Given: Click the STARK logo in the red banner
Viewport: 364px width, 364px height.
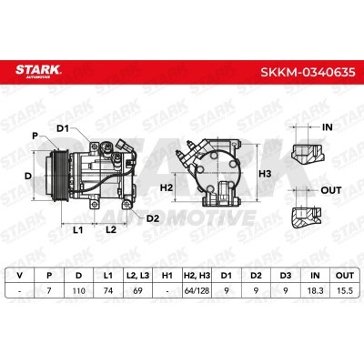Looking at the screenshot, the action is (38, 71).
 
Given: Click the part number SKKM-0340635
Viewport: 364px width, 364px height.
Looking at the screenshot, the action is (308, 72).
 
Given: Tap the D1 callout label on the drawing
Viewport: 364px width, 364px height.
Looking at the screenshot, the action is (63, 128).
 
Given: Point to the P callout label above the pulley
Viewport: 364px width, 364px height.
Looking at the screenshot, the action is (35, 136).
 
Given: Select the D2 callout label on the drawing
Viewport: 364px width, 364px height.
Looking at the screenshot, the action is (153, 218).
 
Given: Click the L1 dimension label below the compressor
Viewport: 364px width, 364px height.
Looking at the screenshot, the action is (78, 230).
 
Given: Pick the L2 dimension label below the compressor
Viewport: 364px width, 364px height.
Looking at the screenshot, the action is (111, 229).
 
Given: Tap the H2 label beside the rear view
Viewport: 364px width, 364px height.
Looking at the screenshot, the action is (167, 187).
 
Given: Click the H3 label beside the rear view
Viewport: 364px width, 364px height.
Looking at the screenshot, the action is (265, 174).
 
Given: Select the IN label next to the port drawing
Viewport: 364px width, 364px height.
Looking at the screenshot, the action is (328, 127).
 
